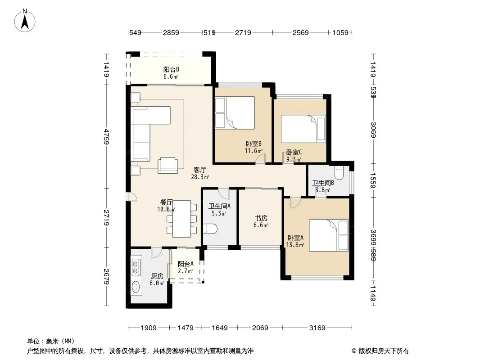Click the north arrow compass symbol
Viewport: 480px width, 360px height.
pos(25,21)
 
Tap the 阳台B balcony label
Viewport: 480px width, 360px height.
pos(171,69)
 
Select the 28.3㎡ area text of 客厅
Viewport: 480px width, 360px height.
pos(200,177)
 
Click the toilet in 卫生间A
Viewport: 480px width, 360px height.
pos(210,229)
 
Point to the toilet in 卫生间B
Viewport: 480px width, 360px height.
pos(339,173)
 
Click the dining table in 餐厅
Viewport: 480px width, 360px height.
pos(182,219)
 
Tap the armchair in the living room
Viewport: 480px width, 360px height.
pos(168,165)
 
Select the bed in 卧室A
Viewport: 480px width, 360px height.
pos(329,235)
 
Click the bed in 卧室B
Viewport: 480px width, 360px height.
pos(235,113)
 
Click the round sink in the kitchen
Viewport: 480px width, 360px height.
pos(136,287)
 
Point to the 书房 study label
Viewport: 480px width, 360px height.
pos(261,218)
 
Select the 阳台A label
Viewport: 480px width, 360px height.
pos(186,264)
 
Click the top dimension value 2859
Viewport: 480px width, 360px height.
pos(171,32)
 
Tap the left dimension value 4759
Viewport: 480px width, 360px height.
pos(106,137)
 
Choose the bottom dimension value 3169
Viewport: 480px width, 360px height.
pos(317,328)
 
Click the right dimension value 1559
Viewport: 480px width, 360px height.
pos(373,181)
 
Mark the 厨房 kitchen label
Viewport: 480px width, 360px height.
pos(157,276)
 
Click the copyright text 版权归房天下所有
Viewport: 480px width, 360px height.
pos(384,351)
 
